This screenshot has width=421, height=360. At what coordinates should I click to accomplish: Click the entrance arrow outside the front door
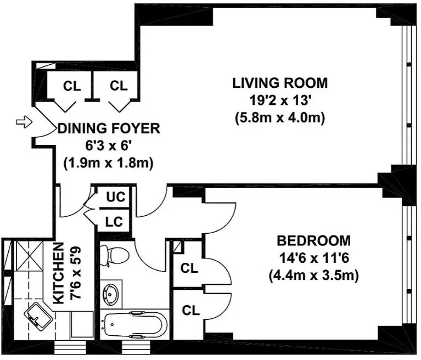click(24, 122)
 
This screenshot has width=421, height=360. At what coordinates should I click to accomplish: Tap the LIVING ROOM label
click(280, 83)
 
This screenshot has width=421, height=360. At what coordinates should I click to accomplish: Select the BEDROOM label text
click(313, 240)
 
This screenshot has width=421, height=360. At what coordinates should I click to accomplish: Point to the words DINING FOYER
click(109, 128)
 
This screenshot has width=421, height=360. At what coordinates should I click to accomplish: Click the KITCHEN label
click(59, 273)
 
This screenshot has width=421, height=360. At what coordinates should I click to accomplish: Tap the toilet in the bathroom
click(114, 256)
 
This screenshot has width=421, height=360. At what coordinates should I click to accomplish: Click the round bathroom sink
click(110, 294)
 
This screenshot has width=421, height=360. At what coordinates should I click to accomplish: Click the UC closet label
click(116, 197)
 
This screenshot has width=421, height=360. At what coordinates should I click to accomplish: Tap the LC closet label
click(114, 222)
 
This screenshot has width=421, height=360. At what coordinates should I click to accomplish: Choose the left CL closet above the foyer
click(72, 86)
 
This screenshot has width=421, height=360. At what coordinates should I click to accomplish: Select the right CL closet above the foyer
click(119, 86)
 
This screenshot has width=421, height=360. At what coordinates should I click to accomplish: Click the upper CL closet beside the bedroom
click(189, 268)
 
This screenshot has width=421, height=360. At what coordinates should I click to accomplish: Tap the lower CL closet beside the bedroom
click(190, 311)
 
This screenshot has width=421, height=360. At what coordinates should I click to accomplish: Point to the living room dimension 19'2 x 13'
click(280, 100)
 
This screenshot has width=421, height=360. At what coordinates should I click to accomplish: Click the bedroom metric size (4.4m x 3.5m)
click(313, 275)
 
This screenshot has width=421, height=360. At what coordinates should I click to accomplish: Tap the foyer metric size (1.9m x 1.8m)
click(108, 162)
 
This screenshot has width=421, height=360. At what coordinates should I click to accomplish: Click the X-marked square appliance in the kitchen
click(28, 256)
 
